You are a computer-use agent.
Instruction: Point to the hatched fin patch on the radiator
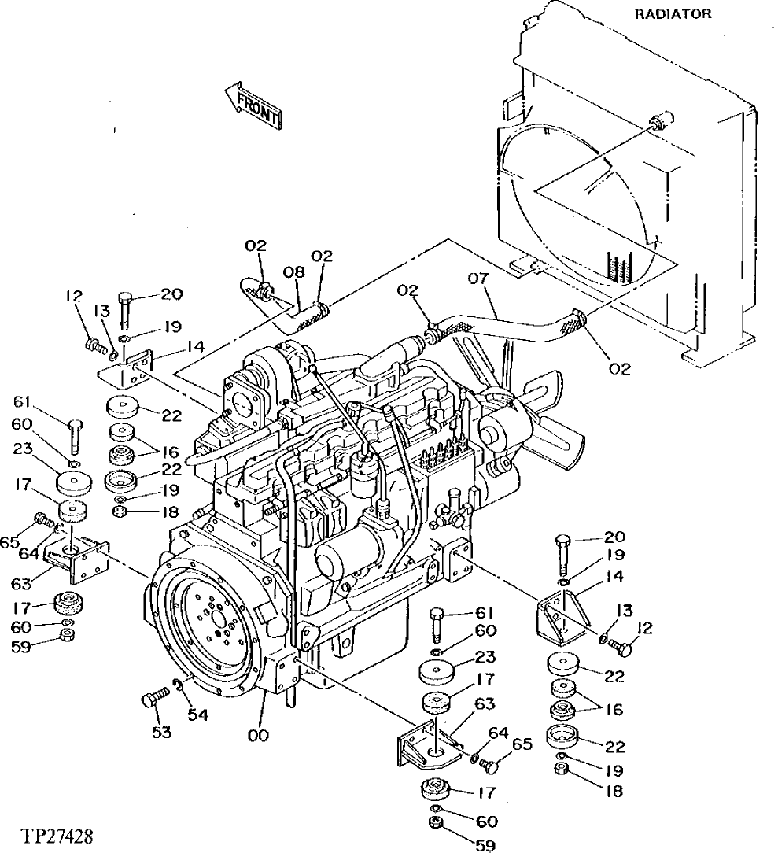(x=619, y=267)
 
